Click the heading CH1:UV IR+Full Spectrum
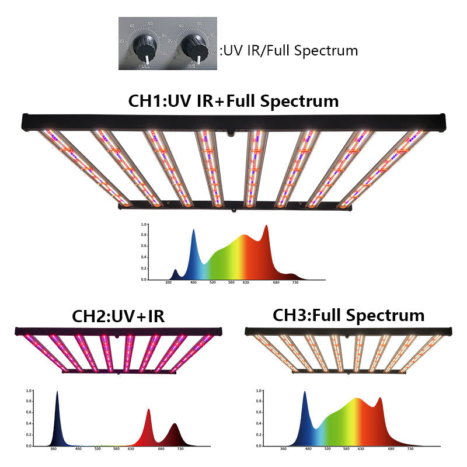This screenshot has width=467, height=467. [x=233, y=100]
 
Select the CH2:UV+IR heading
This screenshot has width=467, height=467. [x=118, y=316]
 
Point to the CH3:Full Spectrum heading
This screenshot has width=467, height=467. [x=348, y=315]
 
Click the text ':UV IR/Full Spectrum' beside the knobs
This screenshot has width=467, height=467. [x=289, y=50]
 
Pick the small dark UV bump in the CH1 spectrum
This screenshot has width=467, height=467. [x=176, y=271]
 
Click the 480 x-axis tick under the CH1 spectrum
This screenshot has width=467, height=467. [x=194, y=283]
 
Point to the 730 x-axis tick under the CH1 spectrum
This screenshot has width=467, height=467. [x=295, y=283]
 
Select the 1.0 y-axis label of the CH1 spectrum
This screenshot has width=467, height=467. [x=143, y=224]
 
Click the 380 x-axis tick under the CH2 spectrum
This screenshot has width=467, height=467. [x=54, y=449]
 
